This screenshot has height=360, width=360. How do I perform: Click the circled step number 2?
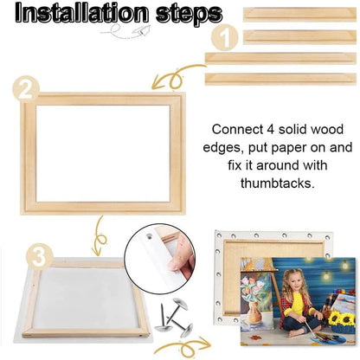coord(27,87)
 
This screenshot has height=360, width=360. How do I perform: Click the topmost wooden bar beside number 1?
coord(299,14)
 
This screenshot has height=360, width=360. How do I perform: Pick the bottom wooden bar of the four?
coord(280,79)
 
